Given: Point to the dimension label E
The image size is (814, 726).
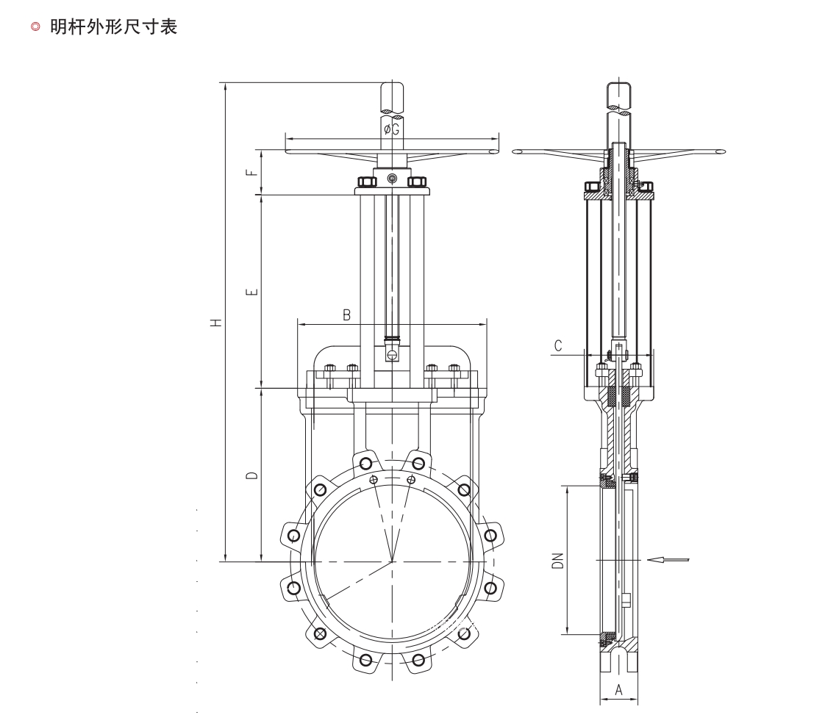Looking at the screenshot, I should [252, 292].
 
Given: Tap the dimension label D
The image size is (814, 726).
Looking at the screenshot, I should [252, 476].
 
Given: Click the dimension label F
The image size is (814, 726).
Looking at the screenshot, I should [252, 173].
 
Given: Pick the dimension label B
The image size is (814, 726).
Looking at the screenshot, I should [347, 314].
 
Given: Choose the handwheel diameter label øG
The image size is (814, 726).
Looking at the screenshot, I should [391, 130].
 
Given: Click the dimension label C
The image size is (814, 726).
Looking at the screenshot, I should [559, 345].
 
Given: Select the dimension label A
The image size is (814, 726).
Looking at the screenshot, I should [618, 690].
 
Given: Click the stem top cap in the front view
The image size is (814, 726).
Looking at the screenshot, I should [393, 96].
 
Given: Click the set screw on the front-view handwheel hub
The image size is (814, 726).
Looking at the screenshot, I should [393, 179].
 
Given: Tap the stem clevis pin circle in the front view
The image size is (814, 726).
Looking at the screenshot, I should [393, 356].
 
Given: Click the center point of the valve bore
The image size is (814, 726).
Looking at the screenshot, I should [393, 562].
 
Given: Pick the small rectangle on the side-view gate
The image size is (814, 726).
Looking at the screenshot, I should [626, 600].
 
